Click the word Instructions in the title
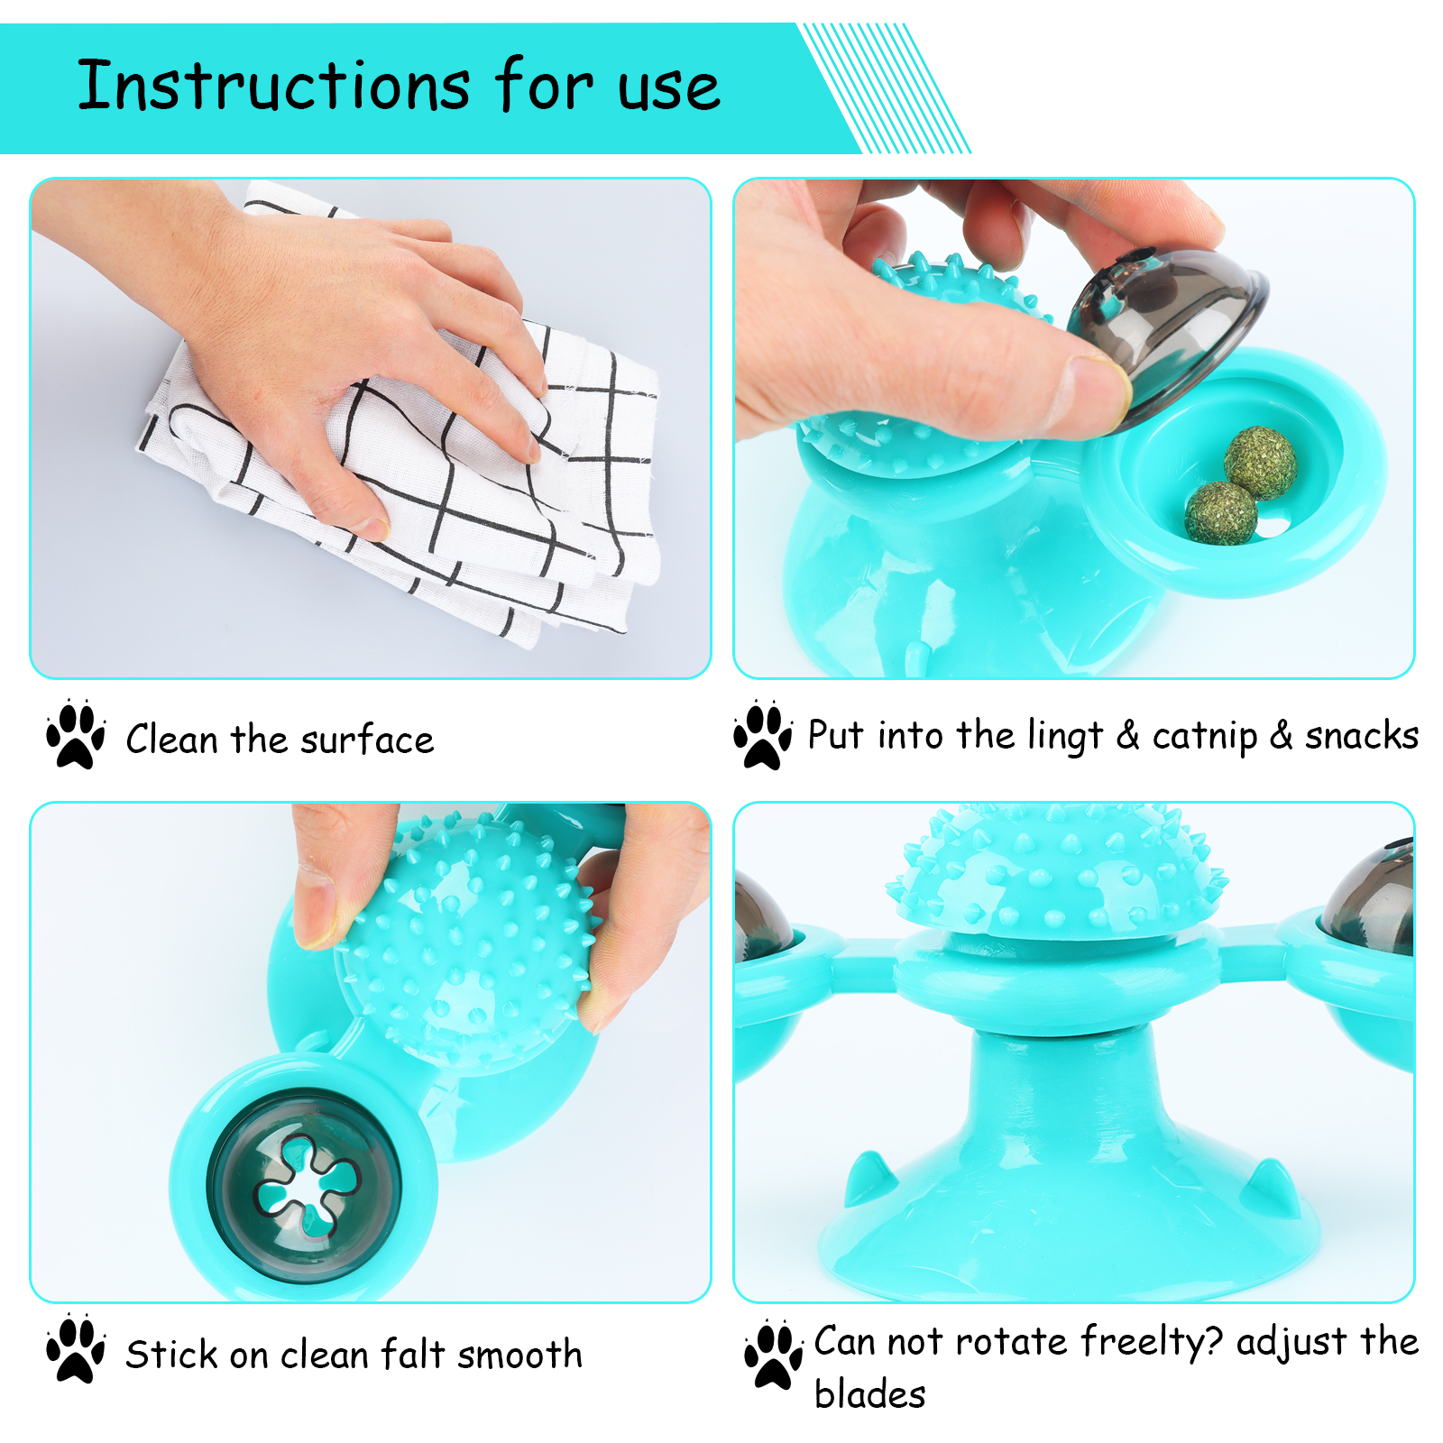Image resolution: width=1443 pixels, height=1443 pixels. pos(273,86)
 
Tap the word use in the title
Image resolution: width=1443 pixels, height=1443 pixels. pos(669,90)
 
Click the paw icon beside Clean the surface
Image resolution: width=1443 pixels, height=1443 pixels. pos(76,734)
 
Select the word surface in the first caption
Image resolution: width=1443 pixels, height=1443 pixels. pos(367,740)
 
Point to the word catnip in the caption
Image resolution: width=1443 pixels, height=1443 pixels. pos(1205,737)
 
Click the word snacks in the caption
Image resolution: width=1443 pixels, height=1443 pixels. pos(1362,736)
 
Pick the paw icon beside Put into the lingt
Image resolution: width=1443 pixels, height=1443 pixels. pos(763,734)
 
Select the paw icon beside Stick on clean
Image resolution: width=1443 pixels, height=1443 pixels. pos(76,1348)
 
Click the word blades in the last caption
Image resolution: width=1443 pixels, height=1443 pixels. pos(869,1393)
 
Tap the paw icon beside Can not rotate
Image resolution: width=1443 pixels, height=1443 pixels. pos(774,1355)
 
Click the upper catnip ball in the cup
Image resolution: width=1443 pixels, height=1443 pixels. pos(1261,463)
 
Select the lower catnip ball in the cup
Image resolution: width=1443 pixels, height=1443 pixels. pos(1221,513)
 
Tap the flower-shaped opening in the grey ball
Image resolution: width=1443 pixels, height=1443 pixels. pos(307,1184)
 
